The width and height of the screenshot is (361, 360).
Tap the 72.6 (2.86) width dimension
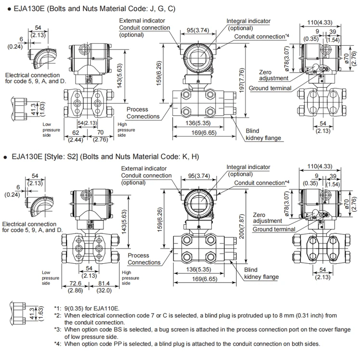(x=75, y=287)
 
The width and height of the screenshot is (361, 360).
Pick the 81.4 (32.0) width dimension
(x=104, y=287)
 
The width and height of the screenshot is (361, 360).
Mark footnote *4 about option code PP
(x=188, y=344)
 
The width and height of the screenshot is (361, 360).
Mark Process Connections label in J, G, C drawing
(x=143, y=113)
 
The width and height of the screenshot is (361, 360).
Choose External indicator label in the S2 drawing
(x=144, y=168)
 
